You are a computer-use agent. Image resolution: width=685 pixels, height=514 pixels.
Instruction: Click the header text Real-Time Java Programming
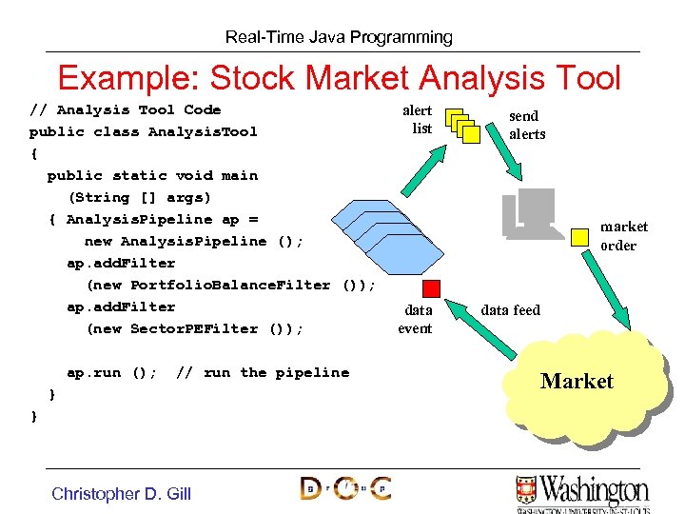339,37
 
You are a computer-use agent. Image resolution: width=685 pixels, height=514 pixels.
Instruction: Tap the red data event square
432,287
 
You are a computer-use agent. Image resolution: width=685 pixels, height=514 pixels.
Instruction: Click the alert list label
420,119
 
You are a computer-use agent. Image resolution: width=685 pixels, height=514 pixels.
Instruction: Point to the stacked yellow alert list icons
462,124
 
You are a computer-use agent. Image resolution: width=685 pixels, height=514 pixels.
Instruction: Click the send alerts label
526,125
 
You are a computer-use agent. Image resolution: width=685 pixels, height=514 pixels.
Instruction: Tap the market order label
623,236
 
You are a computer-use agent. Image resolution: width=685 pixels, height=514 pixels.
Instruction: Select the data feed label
510,309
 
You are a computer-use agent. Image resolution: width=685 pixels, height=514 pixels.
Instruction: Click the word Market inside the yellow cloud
577,382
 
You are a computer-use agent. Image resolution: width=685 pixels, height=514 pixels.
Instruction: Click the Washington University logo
582,490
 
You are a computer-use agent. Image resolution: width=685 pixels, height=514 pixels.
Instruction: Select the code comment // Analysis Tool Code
125,109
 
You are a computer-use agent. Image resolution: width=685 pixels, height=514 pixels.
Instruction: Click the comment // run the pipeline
263,372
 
